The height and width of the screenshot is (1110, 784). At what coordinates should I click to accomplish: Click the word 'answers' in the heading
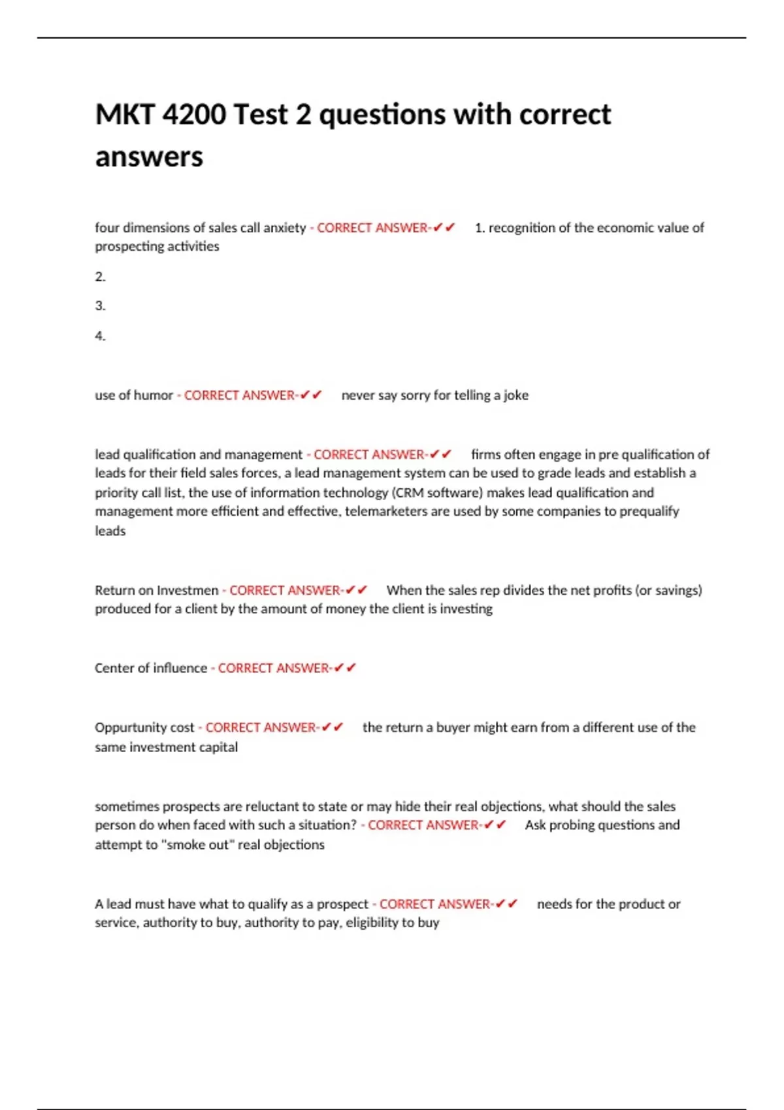(x=149, y=157)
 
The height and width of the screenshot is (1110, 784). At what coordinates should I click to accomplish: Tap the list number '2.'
(x=100, y=277)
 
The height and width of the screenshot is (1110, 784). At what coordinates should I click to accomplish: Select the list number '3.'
(x=100, y=306)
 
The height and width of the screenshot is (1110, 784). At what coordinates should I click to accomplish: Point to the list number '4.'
(x=100, y=336)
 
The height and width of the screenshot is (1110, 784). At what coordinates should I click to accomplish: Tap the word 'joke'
(x=515, y=395)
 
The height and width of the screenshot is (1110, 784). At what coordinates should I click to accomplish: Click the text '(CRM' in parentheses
(x=409, y=492)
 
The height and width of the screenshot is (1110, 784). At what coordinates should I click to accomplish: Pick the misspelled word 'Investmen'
(x=188, y=590)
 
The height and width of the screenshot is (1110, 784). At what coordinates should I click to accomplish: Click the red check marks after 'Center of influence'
(x=345, y=668)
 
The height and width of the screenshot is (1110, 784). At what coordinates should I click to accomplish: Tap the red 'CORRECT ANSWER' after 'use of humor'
(x=239, y=395)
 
